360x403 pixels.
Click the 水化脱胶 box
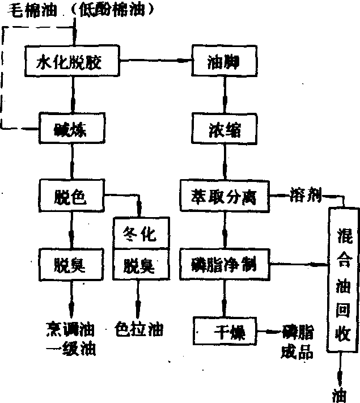coord(71,60)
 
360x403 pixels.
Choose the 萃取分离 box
coord(225,196)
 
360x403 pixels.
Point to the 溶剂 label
coord(306,196)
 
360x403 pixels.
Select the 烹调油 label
coord(70,329)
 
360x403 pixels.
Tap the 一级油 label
coord(70,350)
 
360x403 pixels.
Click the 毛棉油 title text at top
coord(35,9)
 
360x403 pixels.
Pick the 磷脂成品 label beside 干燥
coord(297,341)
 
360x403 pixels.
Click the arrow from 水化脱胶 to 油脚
coord(156,60)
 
